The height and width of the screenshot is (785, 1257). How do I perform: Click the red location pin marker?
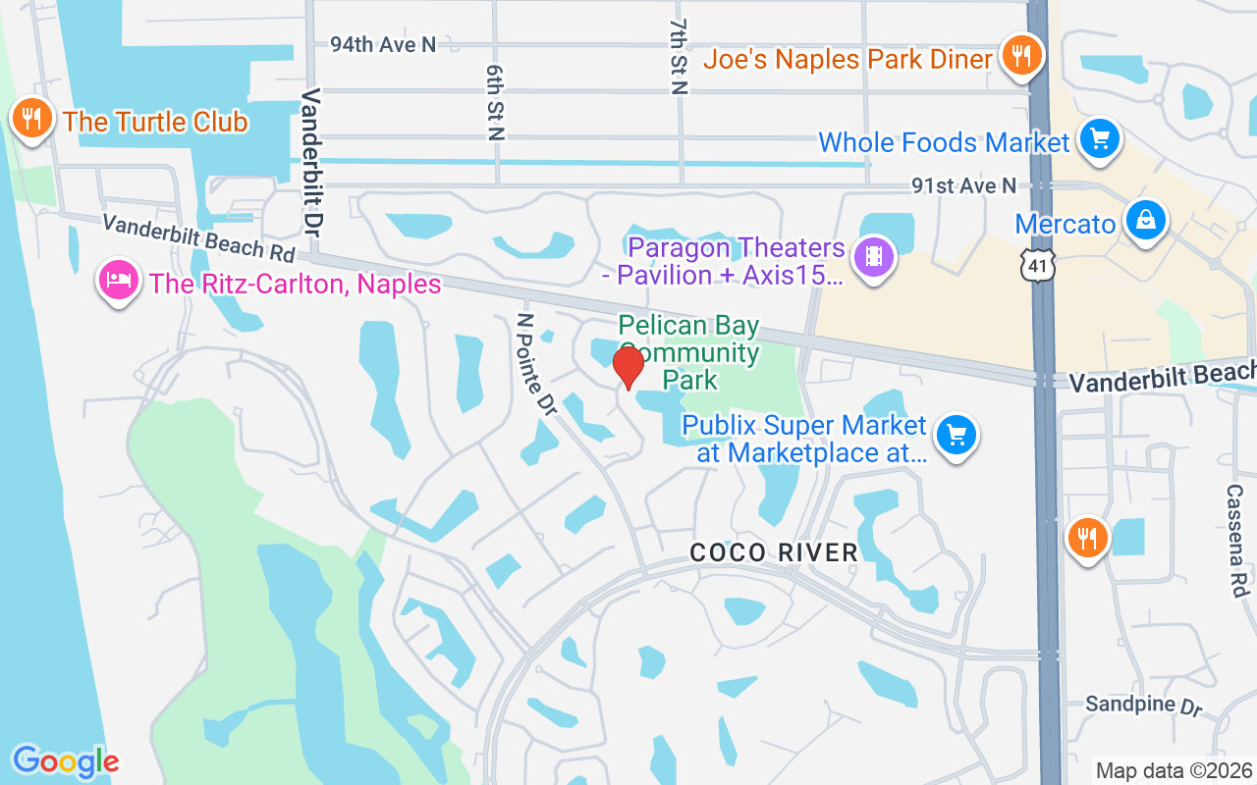(x=628, y=367)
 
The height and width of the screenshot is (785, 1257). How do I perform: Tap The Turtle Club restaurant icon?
(x=32, y=119)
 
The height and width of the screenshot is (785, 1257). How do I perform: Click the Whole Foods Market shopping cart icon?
(x=1099, y=139)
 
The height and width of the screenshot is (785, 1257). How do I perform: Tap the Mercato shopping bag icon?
(x=1146, y=220)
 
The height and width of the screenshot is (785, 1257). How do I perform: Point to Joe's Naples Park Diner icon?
(x=1022, y=56)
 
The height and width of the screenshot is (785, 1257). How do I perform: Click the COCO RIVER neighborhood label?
(x=774, y=552)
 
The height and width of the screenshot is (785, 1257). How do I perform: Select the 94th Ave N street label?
(x=382, y=44)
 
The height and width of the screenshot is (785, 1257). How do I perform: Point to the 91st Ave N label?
(x=963, y=185)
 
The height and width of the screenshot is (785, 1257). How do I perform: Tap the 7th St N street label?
(x=679, y=56)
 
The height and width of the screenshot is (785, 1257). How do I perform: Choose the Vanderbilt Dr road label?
(x=312, y=160)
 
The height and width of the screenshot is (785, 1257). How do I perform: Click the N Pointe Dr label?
(x=537, y=363)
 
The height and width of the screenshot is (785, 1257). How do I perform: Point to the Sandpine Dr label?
(x=1143, y=706)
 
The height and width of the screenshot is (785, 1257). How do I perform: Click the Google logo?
(x=66, y=761)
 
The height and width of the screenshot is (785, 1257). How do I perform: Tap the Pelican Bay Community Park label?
(x=687, y=352)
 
